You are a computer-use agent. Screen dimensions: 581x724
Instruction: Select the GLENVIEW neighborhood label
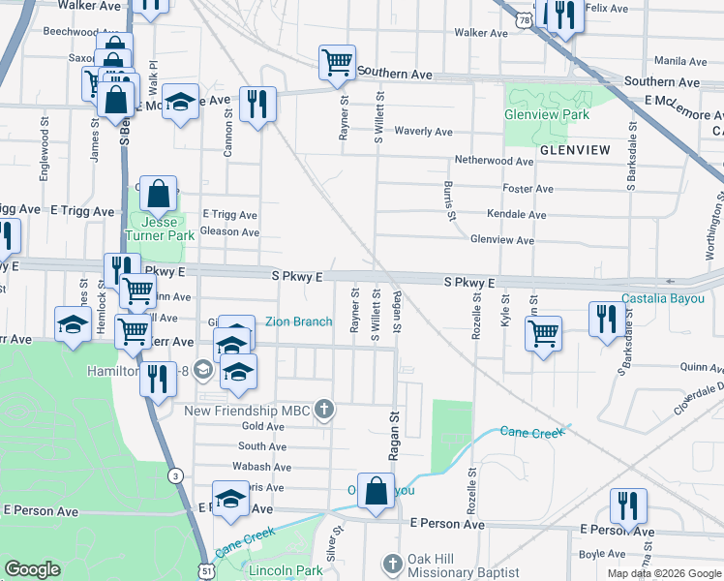coord(575,150)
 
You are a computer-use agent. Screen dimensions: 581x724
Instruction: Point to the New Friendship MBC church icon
coord(324,411)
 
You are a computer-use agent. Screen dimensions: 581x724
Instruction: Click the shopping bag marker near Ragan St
coord(376,492)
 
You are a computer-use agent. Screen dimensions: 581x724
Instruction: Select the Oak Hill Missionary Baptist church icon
coord(392,563)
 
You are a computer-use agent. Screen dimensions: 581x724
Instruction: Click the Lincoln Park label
coord(286,570)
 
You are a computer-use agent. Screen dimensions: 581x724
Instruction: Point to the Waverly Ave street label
coord(423,132)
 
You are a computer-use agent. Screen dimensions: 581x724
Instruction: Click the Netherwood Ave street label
coord(495,161)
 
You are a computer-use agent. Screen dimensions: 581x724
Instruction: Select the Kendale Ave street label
coord(517,214)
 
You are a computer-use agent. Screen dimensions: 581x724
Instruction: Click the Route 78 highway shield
coord(524,19)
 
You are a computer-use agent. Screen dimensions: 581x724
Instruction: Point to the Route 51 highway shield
coord(208,571)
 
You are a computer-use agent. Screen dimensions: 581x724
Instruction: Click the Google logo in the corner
coord(32,569)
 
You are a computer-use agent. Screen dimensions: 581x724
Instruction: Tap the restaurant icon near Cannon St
coord(257,105)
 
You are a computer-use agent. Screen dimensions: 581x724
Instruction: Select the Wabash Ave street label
coord(256,466)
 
